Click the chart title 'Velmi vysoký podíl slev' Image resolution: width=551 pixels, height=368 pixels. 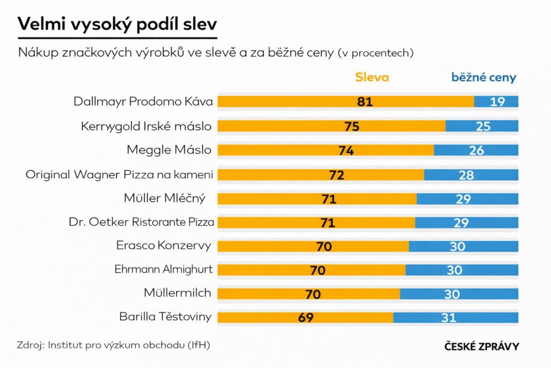[x=117, y=24]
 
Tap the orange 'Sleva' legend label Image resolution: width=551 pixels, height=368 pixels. [x=372, y=77]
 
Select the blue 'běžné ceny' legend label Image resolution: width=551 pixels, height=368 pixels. [x=484, y=77]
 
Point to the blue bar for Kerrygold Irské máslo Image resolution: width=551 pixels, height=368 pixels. [x=482, y=126]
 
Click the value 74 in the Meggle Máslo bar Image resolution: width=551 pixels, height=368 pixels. [x=346, y=151]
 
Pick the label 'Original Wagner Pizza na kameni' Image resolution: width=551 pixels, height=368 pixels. [x=119, y=175]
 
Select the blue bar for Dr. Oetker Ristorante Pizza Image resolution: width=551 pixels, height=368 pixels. [x=467, y=223]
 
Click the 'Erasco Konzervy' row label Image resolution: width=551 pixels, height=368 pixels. [x=164, y=246]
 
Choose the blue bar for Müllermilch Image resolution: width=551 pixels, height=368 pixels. [x=459, y=294]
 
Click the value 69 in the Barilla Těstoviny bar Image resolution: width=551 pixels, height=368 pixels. [x=306, y=318]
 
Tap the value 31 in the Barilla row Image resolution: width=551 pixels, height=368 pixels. [x=449, y=318]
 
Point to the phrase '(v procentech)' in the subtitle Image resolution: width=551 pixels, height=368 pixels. [x=376, y=53]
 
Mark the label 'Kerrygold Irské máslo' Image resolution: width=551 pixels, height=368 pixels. [x=146, y=126]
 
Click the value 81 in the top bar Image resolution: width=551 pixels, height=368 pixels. [x=365, y=101]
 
